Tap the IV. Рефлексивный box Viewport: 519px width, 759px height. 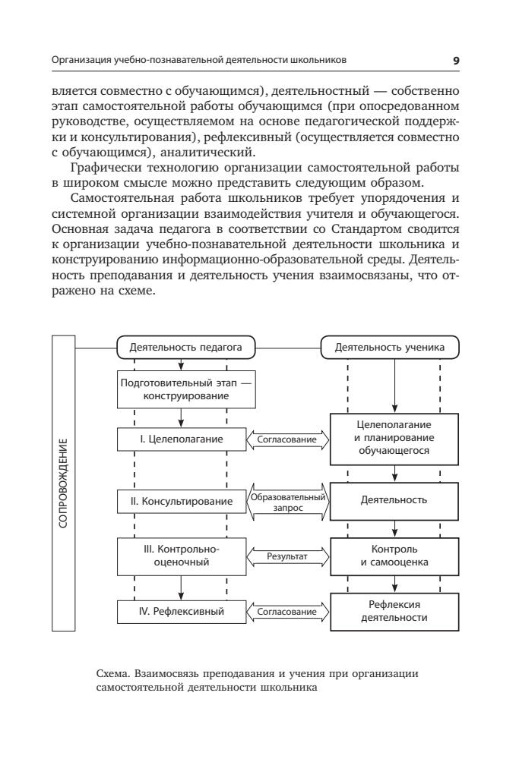point(180,609)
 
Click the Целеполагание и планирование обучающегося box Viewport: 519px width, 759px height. point(394,438)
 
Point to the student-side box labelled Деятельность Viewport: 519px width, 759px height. point(394,501)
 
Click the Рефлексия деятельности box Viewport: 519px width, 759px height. point(394,610)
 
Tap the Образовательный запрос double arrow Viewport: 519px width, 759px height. point(287,502)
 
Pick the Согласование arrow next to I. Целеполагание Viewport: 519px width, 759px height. point(287,439)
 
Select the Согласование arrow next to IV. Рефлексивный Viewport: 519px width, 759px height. point(287,609)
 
